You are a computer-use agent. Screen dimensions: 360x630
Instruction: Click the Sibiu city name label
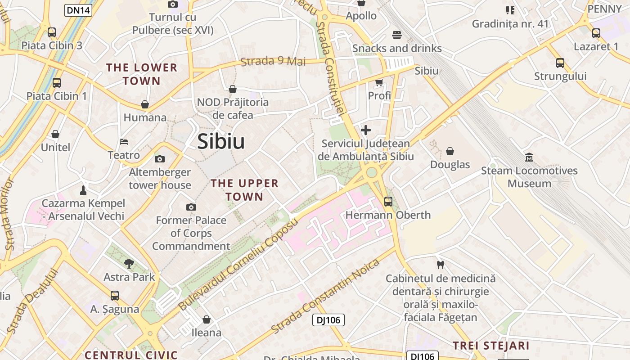pyautogui.click(x=221, y=141)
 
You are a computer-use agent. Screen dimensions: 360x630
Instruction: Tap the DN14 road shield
pyautogui.click(x=78, y=10)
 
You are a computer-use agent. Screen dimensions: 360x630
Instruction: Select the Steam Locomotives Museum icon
pyautogui.click(x=529, y=157)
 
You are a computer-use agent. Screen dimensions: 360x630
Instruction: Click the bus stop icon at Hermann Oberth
pyautogui.click(x=388, y=202)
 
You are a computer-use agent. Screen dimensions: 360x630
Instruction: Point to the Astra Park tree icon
pyautogui.click(x=129, y=264)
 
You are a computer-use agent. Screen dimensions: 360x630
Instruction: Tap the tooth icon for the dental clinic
pyautogui.click(x=441, y=265)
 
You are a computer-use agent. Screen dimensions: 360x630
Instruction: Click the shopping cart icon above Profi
pyautogui.click(x=379, y=82)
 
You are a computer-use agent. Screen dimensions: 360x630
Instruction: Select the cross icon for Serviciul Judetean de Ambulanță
pyautogui.click(x=366, y=130)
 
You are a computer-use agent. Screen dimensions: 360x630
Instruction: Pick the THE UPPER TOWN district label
pyautogui.click(x=244, y=190)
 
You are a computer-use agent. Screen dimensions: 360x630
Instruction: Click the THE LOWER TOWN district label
pyautogui.click(x=142, y=74)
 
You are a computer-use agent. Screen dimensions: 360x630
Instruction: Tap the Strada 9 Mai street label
pyautogui.click(x=273, y=61)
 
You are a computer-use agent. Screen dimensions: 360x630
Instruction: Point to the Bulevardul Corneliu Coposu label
pyautogui.click(x=238, y=265)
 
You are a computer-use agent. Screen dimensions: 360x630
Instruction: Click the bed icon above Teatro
pyautogui.click(x=124, y=142)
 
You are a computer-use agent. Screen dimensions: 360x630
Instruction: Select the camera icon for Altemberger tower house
pyautogui.click(x=160, y=159)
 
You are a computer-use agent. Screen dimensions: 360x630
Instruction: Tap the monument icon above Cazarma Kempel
pyautogui.click(x=83, y=190)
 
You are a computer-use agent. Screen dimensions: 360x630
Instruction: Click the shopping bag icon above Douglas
pyautogui.click(x=450, y=151)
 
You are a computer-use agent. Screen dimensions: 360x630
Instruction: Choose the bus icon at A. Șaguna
pyautogui.click(x=115, y=296)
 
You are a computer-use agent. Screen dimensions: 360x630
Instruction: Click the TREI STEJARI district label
pyautogui.click(x=490, y=346)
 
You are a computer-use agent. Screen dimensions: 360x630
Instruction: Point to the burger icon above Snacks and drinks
pyautogui.click(x=397, y=35)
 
